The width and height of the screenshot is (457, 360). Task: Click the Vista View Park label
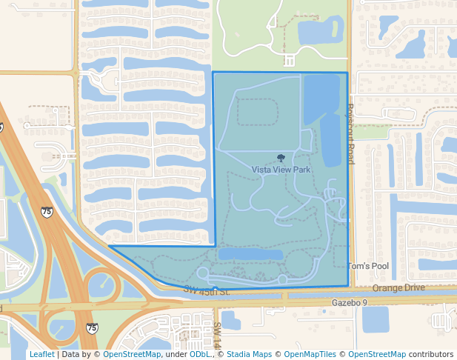281,170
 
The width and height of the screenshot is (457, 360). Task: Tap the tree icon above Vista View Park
281,158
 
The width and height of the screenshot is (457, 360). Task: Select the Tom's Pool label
368,266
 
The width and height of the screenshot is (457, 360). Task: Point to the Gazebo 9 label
350,303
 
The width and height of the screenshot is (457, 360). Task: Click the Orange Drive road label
398,287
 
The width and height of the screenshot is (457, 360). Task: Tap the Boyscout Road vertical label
350,134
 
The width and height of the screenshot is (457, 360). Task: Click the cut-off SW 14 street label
218,336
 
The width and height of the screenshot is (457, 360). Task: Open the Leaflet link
41,355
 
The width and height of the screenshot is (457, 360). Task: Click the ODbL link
199,355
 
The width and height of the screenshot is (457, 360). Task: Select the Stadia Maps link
248,355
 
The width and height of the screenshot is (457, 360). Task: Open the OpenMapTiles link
310,355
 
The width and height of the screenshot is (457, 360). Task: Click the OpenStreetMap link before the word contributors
377,355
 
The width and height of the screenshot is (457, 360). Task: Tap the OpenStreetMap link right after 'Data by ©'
132,355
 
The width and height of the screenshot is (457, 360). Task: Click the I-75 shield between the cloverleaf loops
91,327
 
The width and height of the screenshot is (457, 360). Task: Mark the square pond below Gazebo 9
376,319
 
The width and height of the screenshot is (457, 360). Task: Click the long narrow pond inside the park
250,254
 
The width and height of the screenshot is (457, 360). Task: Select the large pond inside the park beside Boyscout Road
323,115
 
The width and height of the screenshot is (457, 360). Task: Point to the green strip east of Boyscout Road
370,133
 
